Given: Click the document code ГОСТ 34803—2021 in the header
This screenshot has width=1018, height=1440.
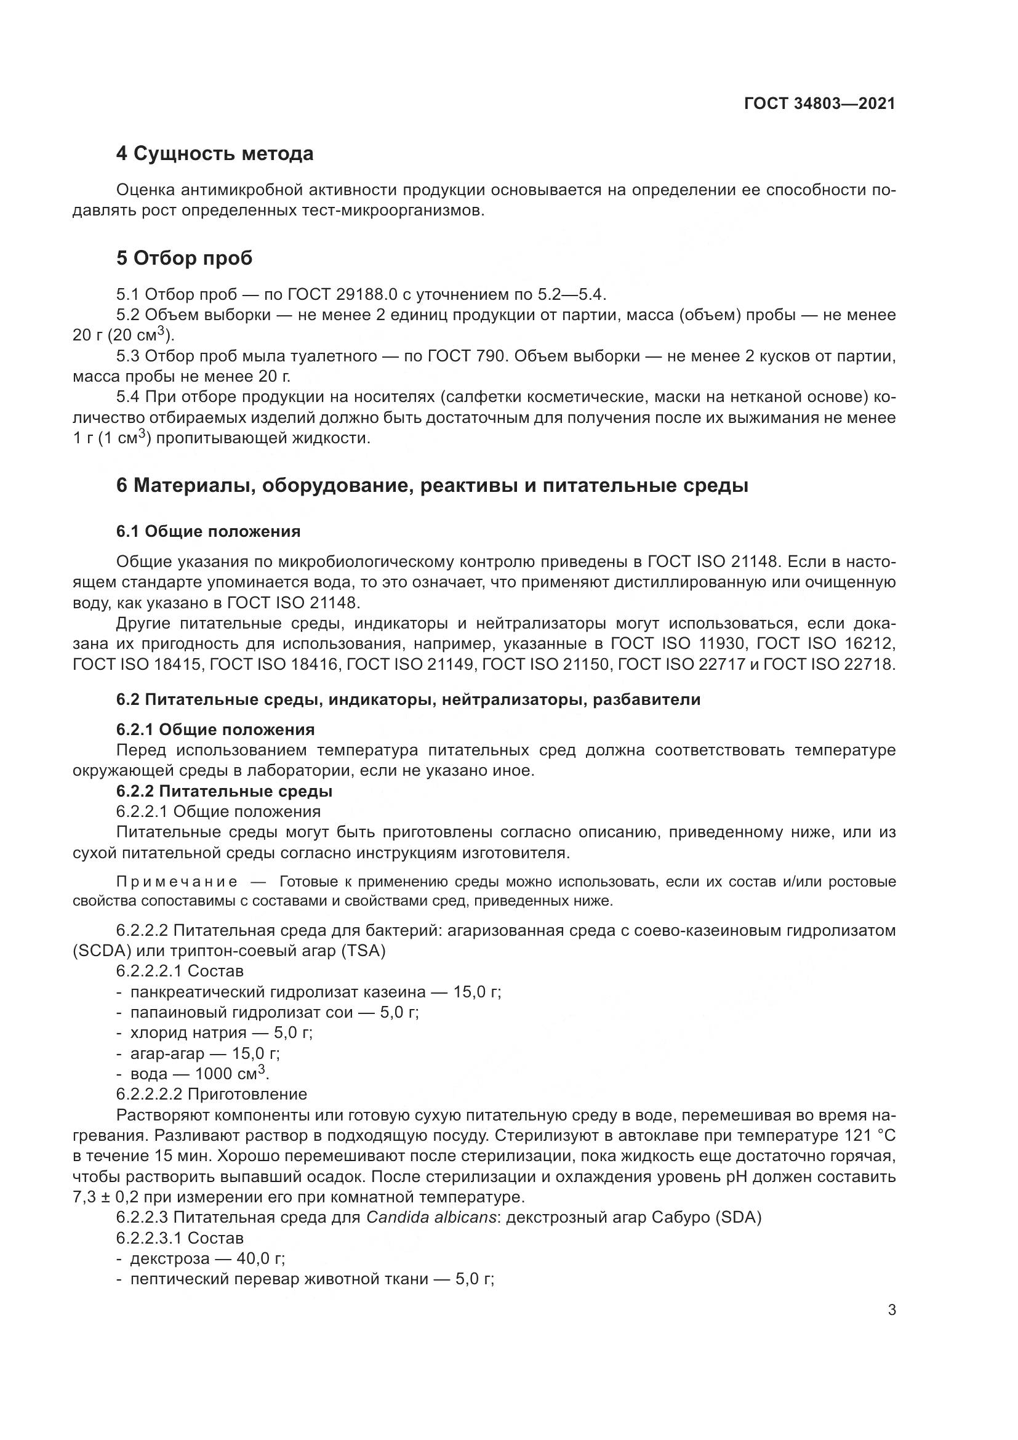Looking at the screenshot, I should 819,103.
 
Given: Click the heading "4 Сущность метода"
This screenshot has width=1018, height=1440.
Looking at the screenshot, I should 214,154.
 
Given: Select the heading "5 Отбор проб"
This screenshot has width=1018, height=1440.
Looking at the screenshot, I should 183,258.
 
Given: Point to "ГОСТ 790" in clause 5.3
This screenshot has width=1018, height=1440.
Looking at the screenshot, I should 467,356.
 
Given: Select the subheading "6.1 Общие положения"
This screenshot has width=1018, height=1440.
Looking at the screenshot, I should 208,531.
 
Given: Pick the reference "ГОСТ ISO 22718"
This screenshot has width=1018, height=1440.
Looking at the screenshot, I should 829,664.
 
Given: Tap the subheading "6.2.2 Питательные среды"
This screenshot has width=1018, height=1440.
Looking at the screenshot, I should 224,791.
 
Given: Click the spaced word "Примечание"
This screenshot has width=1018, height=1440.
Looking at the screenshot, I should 177,882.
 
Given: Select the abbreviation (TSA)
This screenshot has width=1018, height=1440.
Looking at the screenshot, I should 364,951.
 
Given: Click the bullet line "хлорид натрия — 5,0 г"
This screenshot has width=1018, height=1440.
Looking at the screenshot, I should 221,1032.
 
